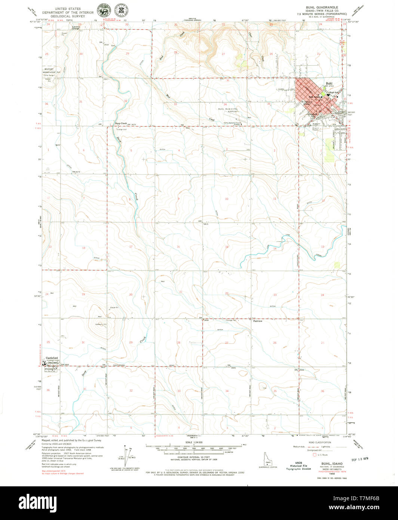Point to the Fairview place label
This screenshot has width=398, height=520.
258,321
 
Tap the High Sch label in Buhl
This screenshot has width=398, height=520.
334,92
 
